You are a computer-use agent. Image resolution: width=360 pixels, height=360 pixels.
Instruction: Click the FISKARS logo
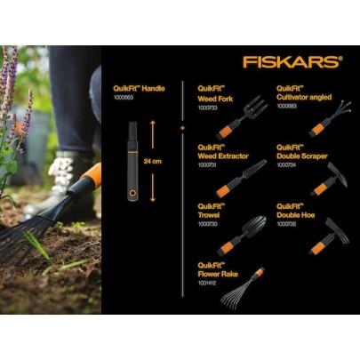[292, 61]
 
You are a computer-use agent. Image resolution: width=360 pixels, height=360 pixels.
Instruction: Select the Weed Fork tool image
[242, 116]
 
